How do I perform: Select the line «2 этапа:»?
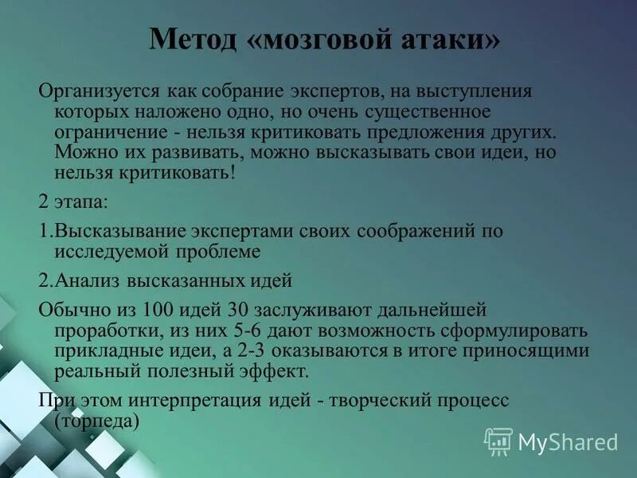pyautogui.click(x=72, y=202)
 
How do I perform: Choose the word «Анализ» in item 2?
pyautogui.click(x=80, y=281)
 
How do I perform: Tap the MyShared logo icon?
pyautogui.click(x=498, y=440)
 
